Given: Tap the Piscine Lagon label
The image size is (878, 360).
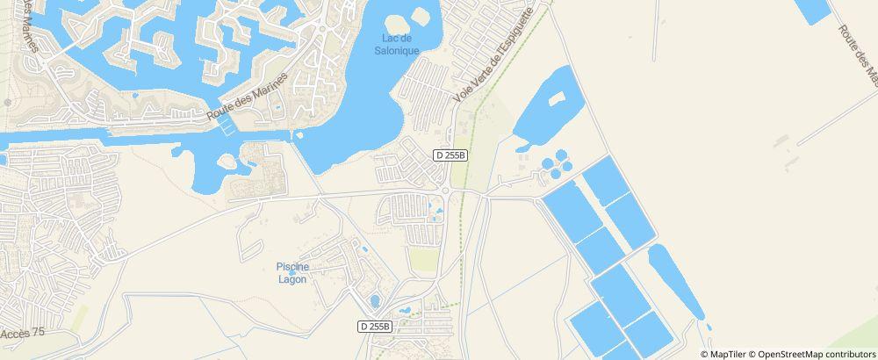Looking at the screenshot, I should (291, 272).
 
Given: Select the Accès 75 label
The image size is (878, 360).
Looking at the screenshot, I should (22, 333).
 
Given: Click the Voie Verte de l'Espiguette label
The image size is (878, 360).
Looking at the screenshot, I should (494, 54).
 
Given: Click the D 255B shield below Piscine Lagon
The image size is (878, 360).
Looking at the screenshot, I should (375, 326).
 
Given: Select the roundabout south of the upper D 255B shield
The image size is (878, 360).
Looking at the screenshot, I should (446, 189).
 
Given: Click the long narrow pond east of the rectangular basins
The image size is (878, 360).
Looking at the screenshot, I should (676, 281).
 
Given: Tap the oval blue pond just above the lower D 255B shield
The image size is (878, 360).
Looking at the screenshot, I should (375, 301).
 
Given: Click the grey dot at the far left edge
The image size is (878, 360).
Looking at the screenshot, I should (8, 102).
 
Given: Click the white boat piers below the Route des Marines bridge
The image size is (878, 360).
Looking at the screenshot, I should (227, 126).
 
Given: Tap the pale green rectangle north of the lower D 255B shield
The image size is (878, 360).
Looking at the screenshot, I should (423, 260).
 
